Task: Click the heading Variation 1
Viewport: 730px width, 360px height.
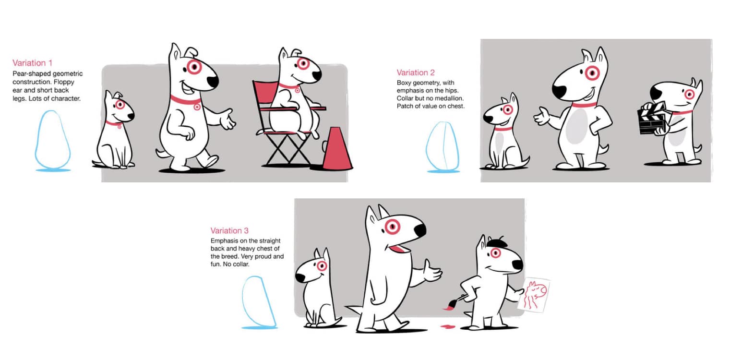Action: coord(32,63)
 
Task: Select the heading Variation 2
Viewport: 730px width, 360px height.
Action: coord(416,72)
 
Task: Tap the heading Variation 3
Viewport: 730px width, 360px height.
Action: coord(229,231)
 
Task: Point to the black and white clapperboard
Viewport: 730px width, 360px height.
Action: coord(651,119)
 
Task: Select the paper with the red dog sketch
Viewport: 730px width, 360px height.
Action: coord(534,295)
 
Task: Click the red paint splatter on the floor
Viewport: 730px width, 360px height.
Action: coord(448,326)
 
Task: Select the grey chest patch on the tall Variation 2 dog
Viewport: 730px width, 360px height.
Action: coord(577,126)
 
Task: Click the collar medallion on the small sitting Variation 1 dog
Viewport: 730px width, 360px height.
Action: coord(120,126)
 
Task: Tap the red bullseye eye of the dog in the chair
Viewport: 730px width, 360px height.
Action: coord(303,63)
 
